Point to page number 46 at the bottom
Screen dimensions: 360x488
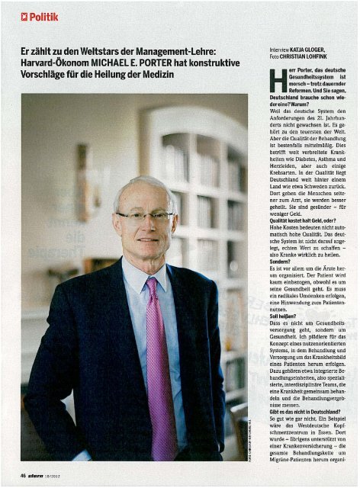click(25, 475)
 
